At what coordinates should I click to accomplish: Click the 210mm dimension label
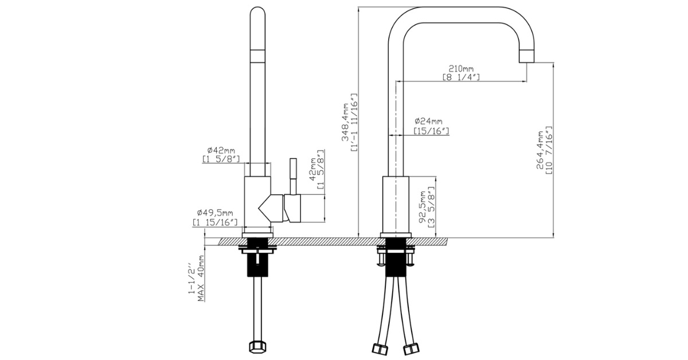point(461,69)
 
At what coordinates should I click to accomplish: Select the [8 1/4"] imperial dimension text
point(461,77)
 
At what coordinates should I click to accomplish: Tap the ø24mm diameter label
point(428,121)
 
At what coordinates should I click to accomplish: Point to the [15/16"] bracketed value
point(431,131)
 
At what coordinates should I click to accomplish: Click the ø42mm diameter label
point(221,150)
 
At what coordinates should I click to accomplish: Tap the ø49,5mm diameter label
point(214,213)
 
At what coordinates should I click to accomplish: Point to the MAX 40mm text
point(201,279)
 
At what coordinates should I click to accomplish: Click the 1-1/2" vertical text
point(191,280)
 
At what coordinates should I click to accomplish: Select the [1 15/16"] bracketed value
point(214,222)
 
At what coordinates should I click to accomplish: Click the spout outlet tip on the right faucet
point(526,56)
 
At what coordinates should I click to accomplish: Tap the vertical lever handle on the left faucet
point(292,175)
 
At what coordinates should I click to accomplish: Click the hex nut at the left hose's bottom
point(257,347)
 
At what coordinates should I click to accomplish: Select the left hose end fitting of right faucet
point(380,347)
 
